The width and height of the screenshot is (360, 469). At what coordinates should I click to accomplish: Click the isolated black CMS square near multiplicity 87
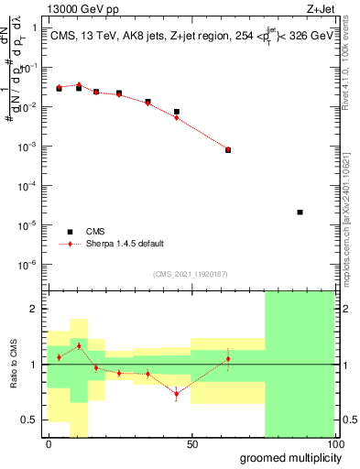[300, 213]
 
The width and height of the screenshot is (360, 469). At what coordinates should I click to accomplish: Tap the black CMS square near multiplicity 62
[228, 149]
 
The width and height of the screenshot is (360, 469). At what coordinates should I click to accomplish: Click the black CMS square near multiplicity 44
[177, 112]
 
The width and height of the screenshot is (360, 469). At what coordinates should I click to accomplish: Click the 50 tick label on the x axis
[191, 444]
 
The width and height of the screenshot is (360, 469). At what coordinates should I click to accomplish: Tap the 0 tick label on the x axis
[49, 444]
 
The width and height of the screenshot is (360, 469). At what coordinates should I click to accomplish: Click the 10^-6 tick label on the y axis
[30, 264]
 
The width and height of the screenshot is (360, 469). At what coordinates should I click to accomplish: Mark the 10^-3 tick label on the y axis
[30, 147]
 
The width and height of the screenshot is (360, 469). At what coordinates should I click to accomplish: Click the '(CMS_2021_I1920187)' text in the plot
[191, 273]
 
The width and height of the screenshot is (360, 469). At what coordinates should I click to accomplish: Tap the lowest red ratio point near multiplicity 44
[177, 394]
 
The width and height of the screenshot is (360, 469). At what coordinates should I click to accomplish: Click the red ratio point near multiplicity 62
[228, 358]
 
